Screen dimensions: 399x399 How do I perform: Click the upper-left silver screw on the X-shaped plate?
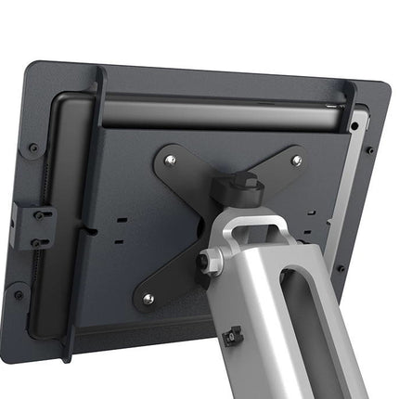[169, 160]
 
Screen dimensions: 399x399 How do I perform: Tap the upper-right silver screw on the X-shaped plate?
[296, 161]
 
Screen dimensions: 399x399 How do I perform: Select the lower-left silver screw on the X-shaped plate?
[147, 299]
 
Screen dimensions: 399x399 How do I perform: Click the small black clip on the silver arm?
[234, 333]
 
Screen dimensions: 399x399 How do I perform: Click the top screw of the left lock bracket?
[40, 213]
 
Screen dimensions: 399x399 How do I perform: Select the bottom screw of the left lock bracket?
[37, 242]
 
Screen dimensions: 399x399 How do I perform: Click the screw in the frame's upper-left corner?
[33, 147]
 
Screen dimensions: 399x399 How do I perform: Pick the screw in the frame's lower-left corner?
[19, 295]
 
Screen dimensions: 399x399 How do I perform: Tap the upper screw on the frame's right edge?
[369, 150]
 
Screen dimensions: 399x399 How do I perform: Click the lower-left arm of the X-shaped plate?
[167, 278]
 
